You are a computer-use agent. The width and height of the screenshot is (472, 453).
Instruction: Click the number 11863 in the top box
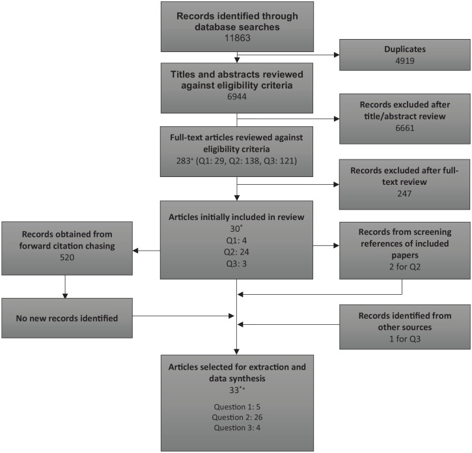pos(237,38)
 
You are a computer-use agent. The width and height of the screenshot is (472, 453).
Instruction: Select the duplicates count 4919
pos(405,61)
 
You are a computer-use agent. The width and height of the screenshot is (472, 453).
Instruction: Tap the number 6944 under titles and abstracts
pos(237,96)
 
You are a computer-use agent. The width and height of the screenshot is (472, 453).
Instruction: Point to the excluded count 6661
pos(405,128)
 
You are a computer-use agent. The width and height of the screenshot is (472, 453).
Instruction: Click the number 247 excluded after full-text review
pos(404,193)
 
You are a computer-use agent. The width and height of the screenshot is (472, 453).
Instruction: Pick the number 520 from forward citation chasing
pos(67,257)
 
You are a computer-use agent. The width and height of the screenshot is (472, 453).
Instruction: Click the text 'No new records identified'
pos(67,318)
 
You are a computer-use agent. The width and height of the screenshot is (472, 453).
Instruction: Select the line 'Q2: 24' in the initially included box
pos(236,252)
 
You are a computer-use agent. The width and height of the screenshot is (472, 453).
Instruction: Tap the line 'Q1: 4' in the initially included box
pos(236,241)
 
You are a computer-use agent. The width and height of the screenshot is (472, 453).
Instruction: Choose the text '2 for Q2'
pos(405,267)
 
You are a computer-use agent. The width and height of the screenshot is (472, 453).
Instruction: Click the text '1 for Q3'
pos(405,339)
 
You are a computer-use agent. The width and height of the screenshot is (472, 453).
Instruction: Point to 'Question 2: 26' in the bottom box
pos(237,417)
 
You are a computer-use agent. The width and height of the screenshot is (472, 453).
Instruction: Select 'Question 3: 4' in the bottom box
pos(237,428)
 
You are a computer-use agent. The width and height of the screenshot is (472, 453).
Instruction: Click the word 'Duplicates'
pos(405,49)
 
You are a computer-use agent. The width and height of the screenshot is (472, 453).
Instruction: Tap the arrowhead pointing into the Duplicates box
pos(337,55)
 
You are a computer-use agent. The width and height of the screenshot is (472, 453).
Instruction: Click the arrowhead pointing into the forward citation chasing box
pos(135,251)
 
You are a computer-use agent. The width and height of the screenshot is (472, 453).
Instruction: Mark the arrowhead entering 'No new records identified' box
pos(65,295)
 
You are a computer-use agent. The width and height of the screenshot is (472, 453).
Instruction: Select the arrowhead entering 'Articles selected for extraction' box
pos(236,352)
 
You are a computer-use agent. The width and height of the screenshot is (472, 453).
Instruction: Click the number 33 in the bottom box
pos(234,390)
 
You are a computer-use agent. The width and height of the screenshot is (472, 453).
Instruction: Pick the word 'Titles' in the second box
pos(183,74)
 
